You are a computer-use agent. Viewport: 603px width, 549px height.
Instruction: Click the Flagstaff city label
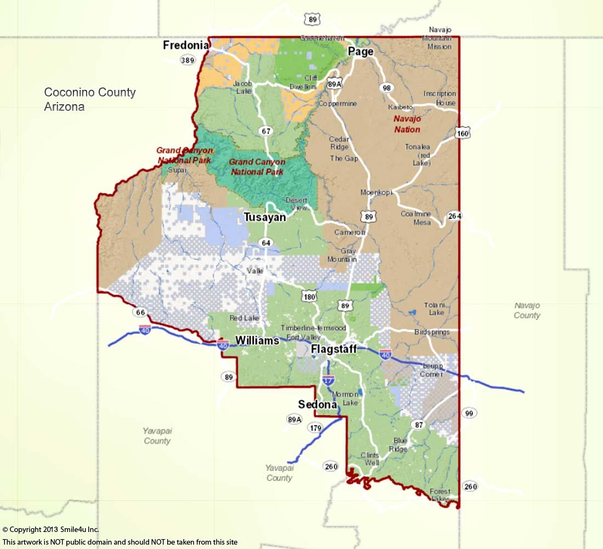coord(334,349)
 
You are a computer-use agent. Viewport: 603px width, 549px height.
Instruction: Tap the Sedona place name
coord(317,405)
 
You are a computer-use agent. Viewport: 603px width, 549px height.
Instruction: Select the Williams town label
coord(257,341)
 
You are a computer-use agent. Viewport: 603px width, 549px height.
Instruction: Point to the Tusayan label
coord(265,218)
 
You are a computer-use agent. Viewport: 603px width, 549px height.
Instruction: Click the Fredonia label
coord(186,46)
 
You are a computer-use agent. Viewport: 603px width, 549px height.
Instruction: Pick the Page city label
coord(361,52)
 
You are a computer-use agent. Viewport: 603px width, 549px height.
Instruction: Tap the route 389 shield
coord(187,60)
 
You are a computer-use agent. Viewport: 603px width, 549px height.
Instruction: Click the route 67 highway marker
coord(266,131)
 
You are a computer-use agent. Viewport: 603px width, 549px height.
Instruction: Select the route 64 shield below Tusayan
coord(266,243)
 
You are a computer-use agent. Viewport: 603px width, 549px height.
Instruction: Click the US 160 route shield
coord(463,133)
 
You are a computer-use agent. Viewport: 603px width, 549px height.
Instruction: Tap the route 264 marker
coord(454,216)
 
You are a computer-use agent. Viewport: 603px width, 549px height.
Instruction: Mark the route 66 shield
coord(140,312)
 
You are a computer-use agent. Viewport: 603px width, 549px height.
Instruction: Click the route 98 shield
coord(387,88)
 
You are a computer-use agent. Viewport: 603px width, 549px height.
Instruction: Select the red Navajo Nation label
coord(407,124)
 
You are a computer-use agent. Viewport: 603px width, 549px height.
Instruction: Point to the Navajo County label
coord(527,310)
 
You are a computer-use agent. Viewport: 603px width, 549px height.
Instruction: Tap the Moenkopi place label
coord(376,193)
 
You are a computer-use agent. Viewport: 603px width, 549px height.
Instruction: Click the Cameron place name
coord(350,233)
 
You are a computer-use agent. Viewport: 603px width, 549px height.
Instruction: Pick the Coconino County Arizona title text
coord(90,99)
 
